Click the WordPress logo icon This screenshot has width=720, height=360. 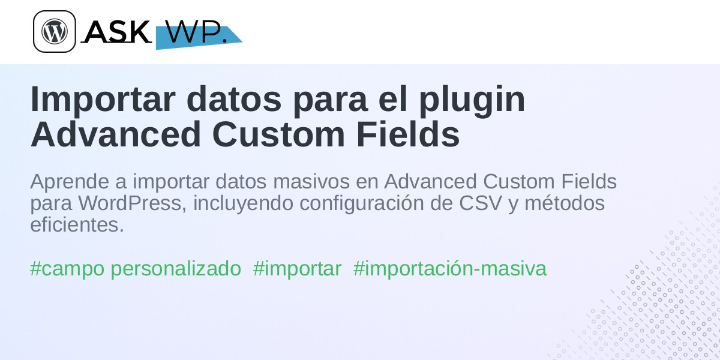point(55,31)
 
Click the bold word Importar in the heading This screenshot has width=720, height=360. point(103,100)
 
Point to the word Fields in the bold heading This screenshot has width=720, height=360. point(408,134)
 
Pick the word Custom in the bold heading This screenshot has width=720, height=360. point(278,134)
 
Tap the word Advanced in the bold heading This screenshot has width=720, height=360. point(116,134)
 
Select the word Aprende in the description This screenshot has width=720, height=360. point(70,182)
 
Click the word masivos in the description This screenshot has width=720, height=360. point(311,182)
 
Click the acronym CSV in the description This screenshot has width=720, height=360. point(480,203)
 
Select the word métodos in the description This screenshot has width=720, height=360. point(565,203)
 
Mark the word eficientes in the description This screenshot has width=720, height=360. point(77,224)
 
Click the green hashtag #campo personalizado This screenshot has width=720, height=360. point(136,269)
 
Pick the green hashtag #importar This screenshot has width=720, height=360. point(297,269)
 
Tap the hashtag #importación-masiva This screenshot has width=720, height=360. point(449,269)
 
